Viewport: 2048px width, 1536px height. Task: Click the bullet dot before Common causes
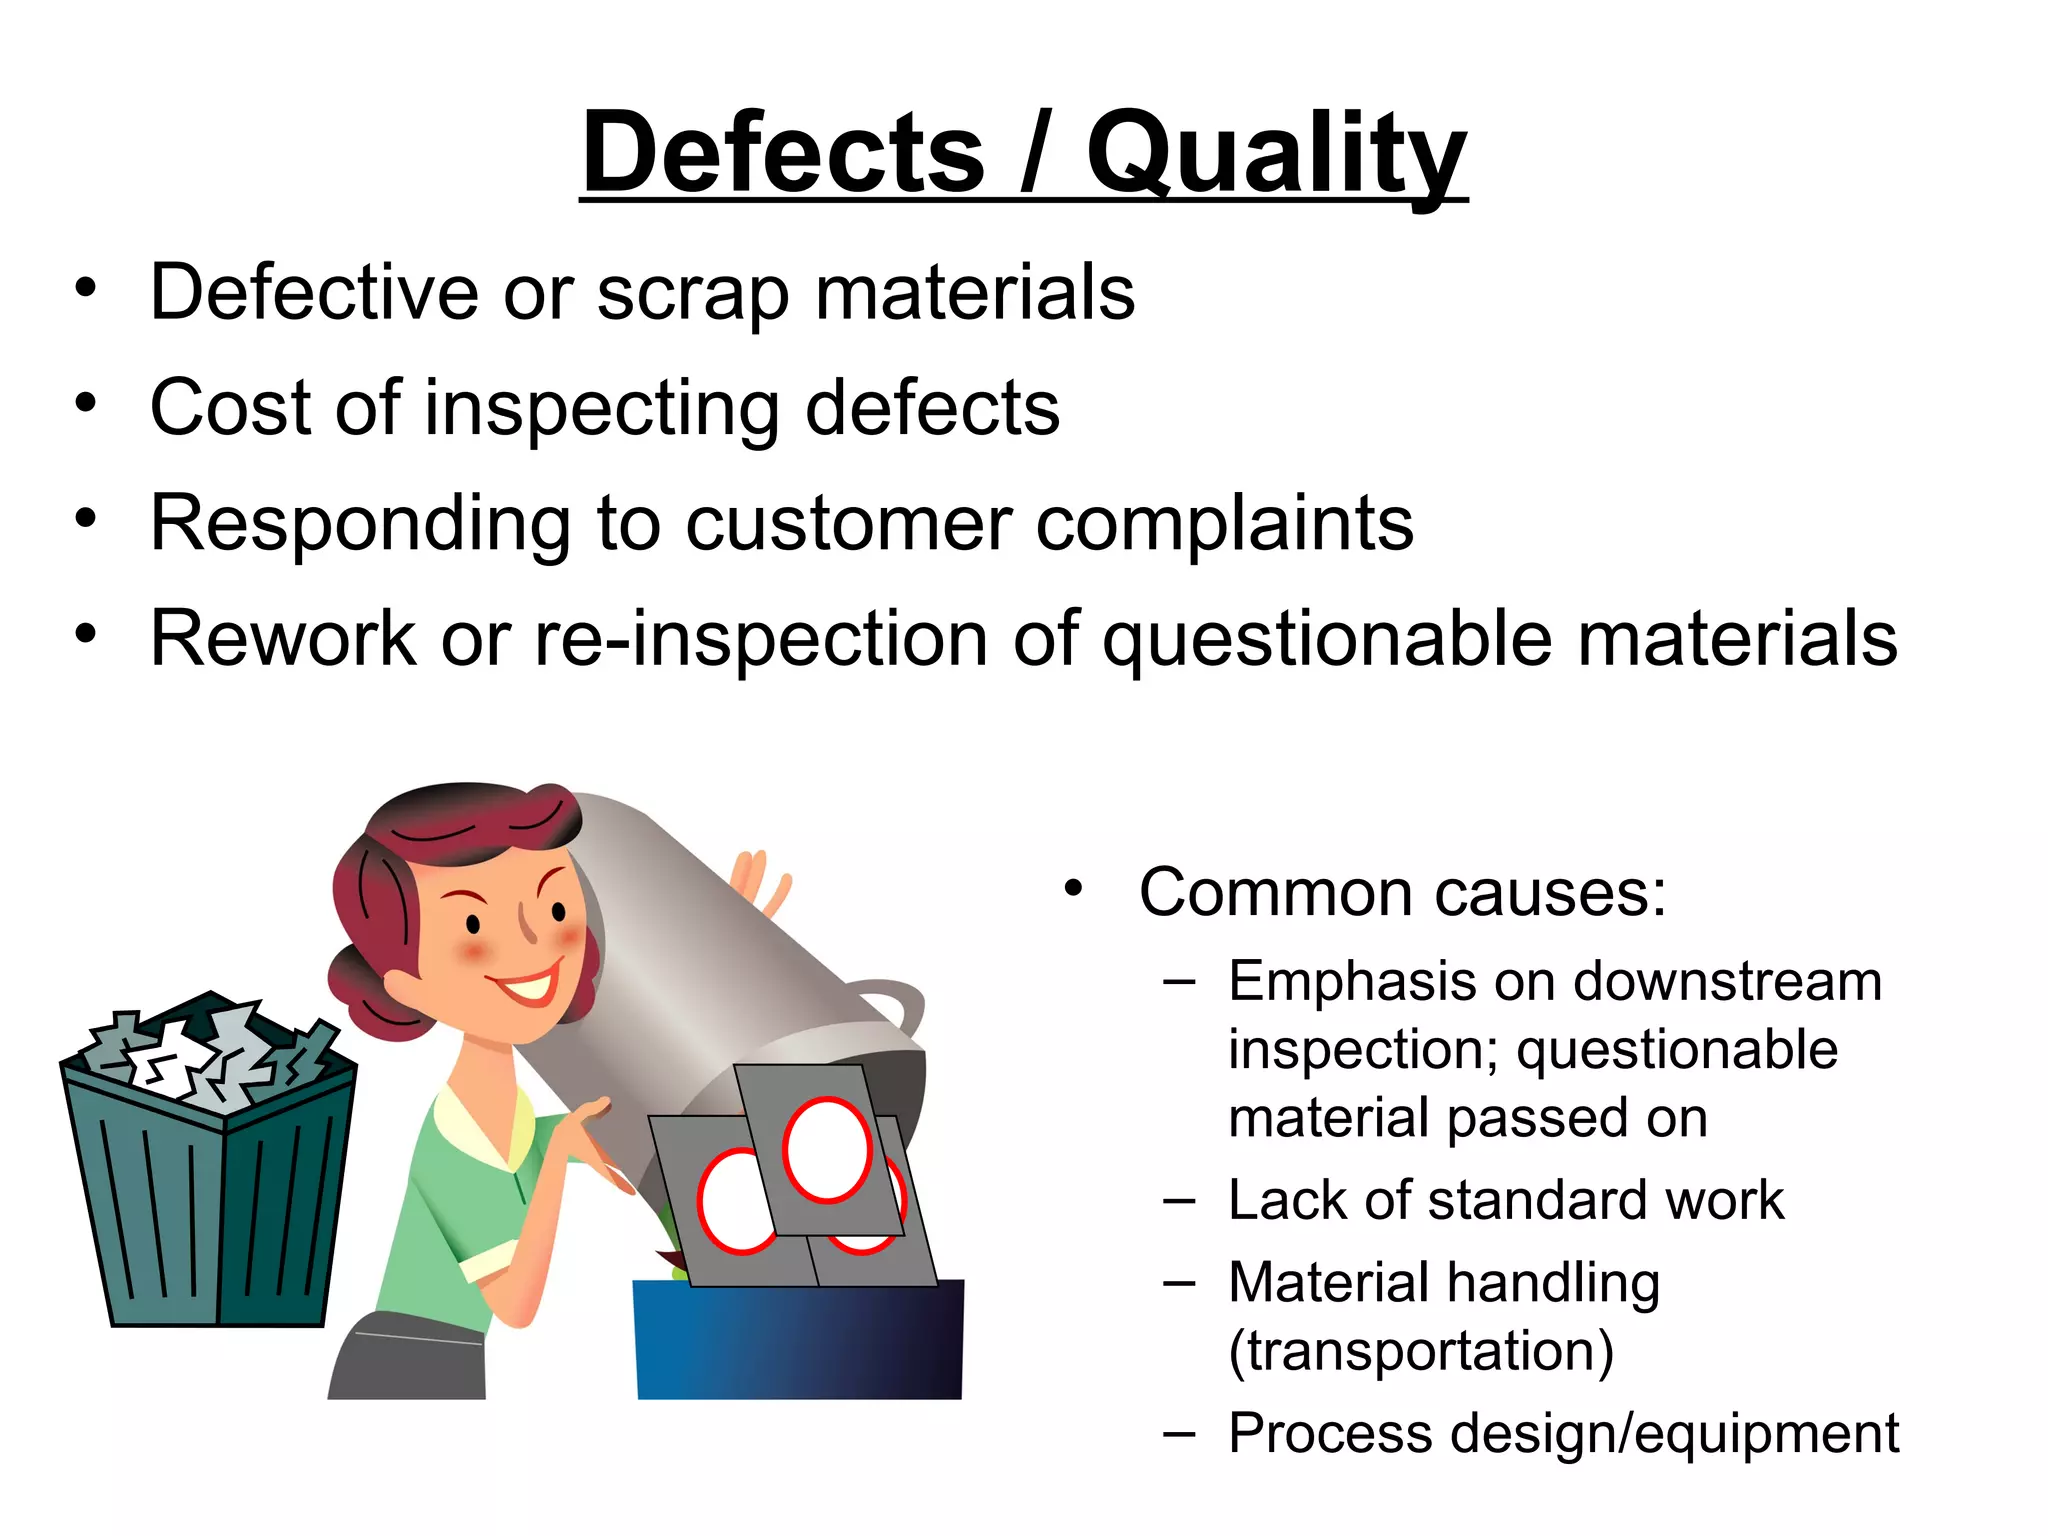point(1073,888)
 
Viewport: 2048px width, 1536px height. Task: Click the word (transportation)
point(1421,1351)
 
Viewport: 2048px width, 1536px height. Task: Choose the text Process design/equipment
point(1563,1433)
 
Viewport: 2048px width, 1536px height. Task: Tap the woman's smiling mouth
point(528,985)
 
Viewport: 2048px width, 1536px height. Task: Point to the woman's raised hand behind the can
point(760,880)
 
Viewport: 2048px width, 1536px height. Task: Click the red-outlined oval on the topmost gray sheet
point(827,1149)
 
